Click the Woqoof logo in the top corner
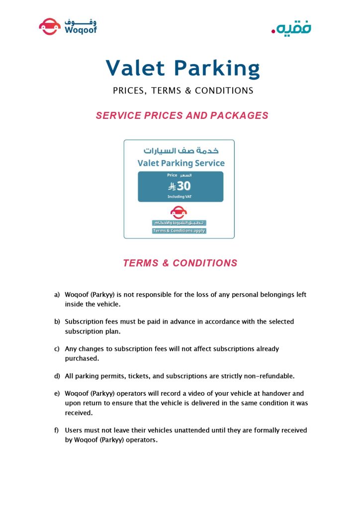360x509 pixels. [x=68, y=26]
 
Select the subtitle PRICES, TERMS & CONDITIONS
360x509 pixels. [x=183, y=91]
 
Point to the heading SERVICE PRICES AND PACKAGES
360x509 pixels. [x=182, y=115]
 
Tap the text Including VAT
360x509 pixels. [x=180, y=197]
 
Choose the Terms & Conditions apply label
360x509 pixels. [x=179, y=231]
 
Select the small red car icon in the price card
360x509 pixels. [x=179, y=213]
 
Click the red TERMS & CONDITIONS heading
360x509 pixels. [x=180, y=263]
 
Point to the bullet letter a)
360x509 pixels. [x=57, y=295]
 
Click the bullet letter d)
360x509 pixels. [x=57, y=376]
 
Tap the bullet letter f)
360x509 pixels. [x=57, y=430]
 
